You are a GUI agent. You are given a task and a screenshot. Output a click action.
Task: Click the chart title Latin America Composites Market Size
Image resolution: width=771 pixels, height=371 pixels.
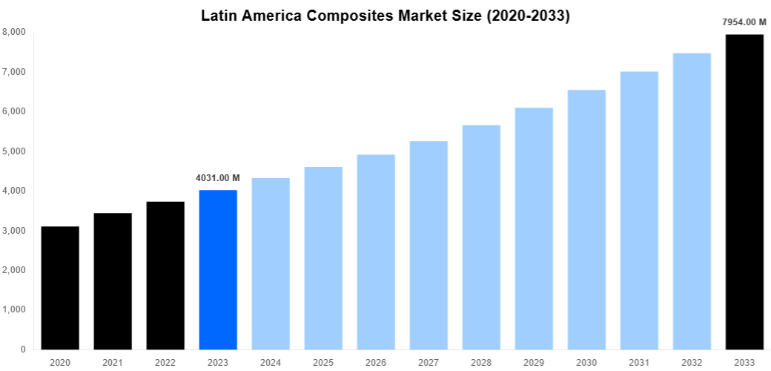[385, 16]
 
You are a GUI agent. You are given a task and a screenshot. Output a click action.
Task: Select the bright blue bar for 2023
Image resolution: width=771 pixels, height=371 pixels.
[218, 269]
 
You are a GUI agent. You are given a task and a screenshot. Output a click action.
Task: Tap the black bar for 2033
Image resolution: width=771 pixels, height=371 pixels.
[744, 191]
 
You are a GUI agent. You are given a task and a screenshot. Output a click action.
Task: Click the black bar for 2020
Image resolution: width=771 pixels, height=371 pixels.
[60, 288]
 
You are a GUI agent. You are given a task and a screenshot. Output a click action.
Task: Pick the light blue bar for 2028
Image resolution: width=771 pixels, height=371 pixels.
[481, 237]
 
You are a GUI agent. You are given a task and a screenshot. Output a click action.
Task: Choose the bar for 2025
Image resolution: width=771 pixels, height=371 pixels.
[323, 258]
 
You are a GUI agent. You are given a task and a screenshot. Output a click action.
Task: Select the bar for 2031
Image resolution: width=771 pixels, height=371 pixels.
[639, 210]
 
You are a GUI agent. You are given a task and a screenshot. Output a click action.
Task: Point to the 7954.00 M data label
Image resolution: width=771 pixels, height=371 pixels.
[744, 22]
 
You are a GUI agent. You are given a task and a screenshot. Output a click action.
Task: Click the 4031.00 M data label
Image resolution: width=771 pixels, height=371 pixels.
[218, 178]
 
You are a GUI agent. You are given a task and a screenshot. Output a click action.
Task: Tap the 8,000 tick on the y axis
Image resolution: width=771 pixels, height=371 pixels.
[14, 32]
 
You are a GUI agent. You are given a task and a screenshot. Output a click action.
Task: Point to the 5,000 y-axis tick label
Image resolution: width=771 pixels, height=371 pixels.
[14, 151]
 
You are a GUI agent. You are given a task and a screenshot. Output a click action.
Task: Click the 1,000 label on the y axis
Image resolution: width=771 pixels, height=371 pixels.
[14, 309]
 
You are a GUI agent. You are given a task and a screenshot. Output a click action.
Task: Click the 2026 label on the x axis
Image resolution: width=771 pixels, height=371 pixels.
[376, 362]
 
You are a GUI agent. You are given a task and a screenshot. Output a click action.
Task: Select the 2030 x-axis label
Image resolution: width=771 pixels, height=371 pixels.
[586, 362]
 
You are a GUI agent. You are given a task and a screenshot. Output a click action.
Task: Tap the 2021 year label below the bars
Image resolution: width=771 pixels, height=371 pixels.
[113, 362]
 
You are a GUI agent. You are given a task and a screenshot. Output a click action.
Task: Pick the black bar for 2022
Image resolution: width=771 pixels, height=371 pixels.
[165, 275]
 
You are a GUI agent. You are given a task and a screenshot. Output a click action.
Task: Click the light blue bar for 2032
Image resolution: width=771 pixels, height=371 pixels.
[692, 201]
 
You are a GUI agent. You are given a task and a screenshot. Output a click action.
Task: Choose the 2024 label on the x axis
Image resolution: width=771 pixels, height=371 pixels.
[271, 362]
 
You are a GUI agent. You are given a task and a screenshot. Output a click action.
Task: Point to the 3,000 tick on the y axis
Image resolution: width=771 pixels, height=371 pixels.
[14, 231]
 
